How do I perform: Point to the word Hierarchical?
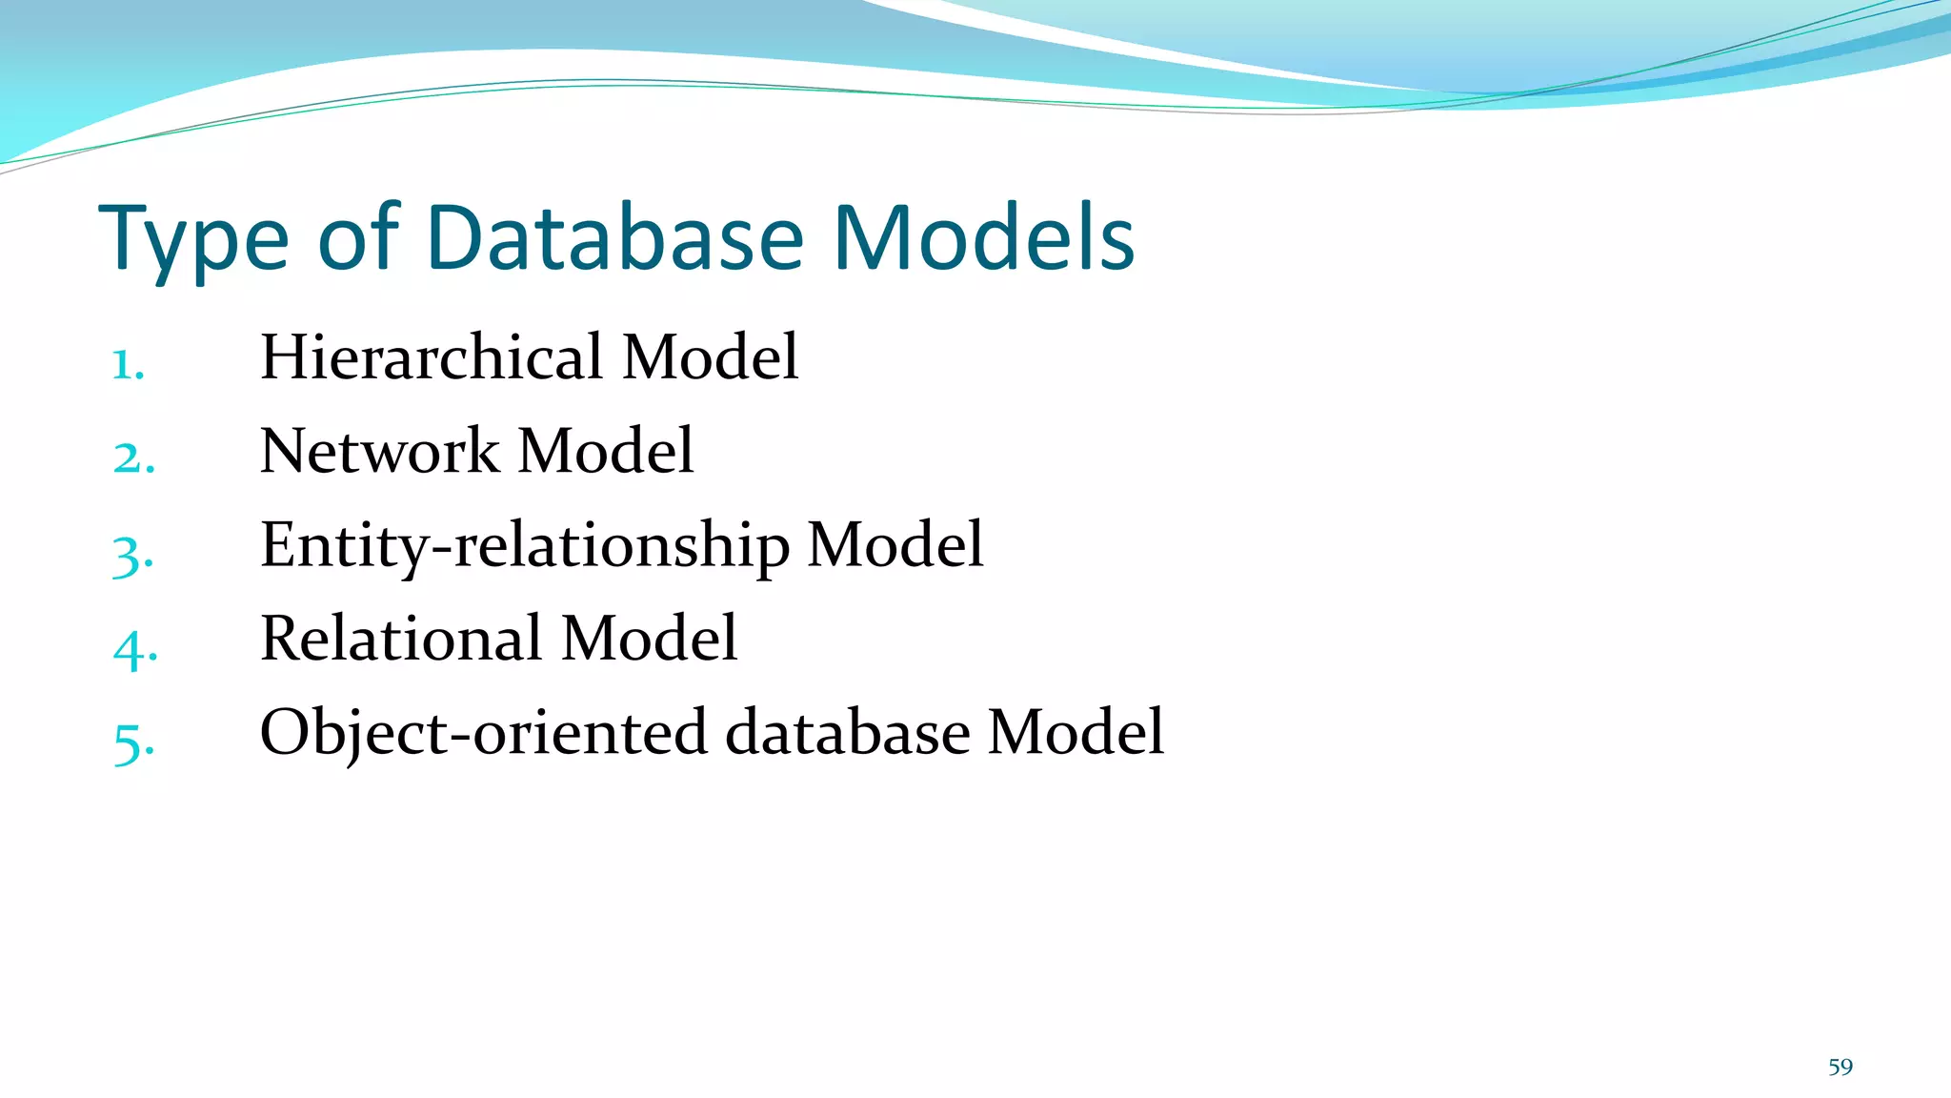pyautogui.click(x=432, y=357)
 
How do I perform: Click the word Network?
pyautogui.click(x=379, y=451)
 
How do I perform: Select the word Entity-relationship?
pyautogui.click(x=524, y=546)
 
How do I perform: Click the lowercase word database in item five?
pyautogui.click(x=847, y=733)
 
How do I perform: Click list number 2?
pyautogui.click(x=133, y=458)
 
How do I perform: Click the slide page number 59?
pyautogui.click(x=1840, y=1067)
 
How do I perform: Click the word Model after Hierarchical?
pyautogui.click(x=710, y=357)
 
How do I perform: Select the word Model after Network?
pyautogui.click(x=605, y=451)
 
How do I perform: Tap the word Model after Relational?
pyautogui.click(x=649, y=639)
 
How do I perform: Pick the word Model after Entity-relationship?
pyautogui.click(x=895, y=545)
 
